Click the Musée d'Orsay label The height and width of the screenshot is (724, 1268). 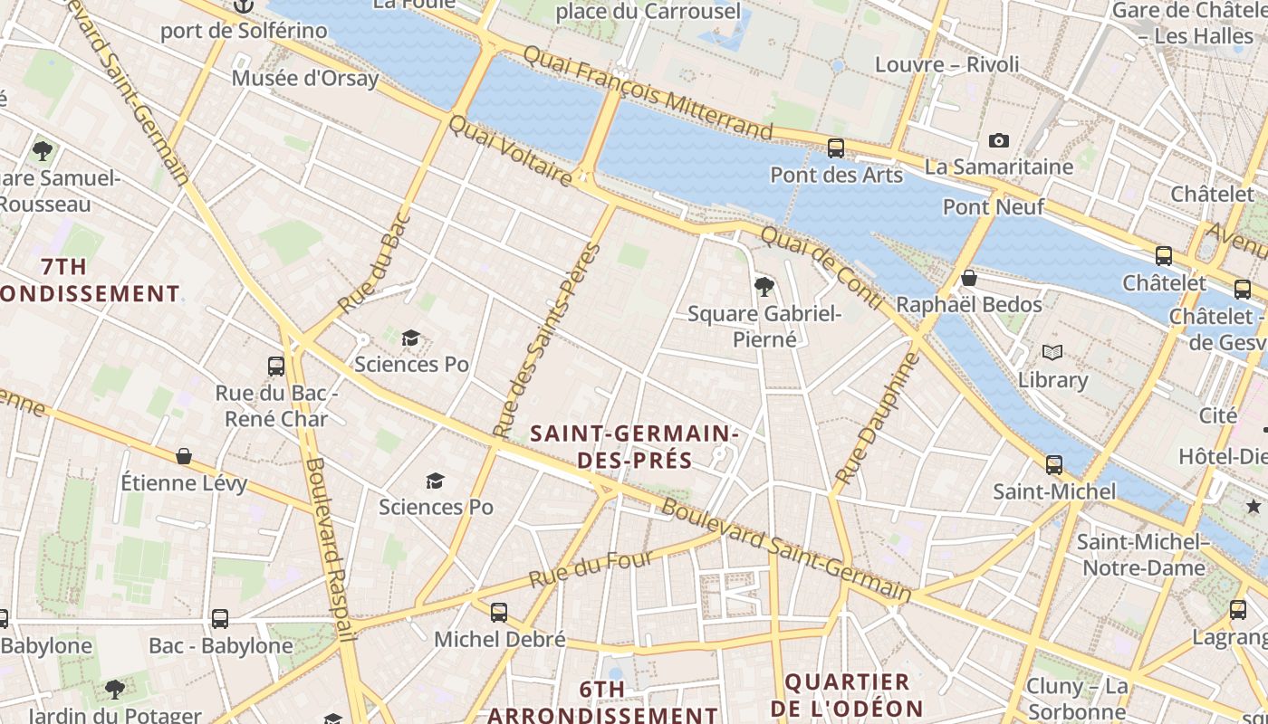pyautogui.click(x=304, y=78)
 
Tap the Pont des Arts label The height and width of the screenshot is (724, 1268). pyautogui.click(x=836, y=175)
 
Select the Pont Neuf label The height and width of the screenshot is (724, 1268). pyautogui.click(x=994, y=207)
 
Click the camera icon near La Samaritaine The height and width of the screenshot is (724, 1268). pyautogui.click(x=998, y=140)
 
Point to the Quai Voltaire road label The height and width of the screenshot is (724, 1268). pyautogui.click(x=510, y=150)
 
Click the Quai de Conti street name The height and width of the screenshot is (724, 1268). pyautogui.click(x=821, y=267)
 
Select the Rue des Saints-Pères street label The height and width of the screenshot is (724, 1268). pyautogui.click(x=547, y=340)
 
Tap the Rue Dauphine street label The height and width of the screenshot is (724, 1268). pyautogui.click(x=877, y=418)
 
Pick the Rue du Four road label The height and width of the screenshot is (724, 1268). pyautogui.click(x=591, y=568)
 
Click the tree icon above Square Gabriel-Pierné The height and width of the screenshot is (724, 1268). pyautogui.click(x=764, y=287)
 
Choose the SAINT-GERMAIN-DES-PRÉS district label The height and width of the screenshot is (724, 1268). pyautogui.click(x=635, y=447)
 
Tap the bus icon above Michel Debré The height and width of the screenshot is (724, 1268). pyautogui.click(x=498, y=613)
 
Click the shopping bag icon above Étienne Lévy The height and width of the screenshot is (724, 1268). pyautogui.click(x=184, y=456)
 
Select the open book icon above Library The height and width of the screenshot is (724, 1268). pyautogui.click(x=1052, y=352)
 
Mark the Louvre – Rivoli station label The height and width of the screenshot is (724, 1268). pyautogui.click(x=946, y=65)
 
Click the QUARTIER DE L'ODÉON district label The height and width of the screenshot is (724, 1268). pyautogui.click(x=847, y=695)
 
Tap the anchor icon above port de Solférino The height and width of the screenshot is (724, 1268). pyautogui.click(x=243, y=6)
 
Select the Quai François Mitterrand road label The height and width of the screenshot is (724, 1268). pyautogui.click(x=648, y=94)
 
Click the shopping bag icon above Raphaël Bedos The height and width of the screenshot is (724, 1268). pyautogui.click(x=968, y=278)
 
